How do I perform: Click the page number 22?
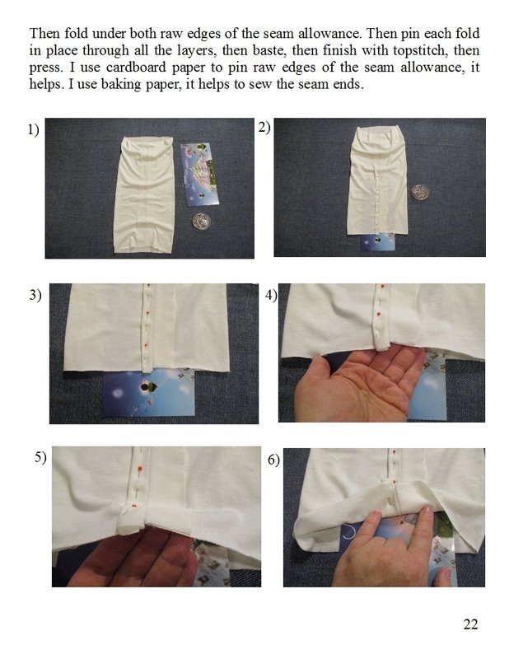(470, 624)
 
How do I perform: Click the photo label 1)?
(34, 129)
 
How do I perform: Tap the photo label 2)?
(264, 127)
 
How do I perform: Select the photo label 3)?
(35, 295)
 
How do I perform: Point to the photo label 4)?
(271, 295)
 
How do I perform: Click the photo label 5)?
(40, 457)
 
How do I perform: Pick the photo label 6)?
(273, 460)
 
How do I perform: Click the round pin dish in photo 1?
(201, 221)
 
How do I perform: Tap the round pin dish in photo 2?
(420, 192)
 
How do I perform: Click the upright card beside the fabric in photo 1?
(199, 175)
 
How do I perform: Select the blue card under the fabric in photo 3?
(148, 393)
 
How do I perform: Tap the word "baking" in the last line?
(121, 85)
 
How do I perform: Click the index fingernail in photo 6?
(426, 511)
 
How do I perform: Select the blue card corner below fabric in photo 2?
(378, 242)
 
